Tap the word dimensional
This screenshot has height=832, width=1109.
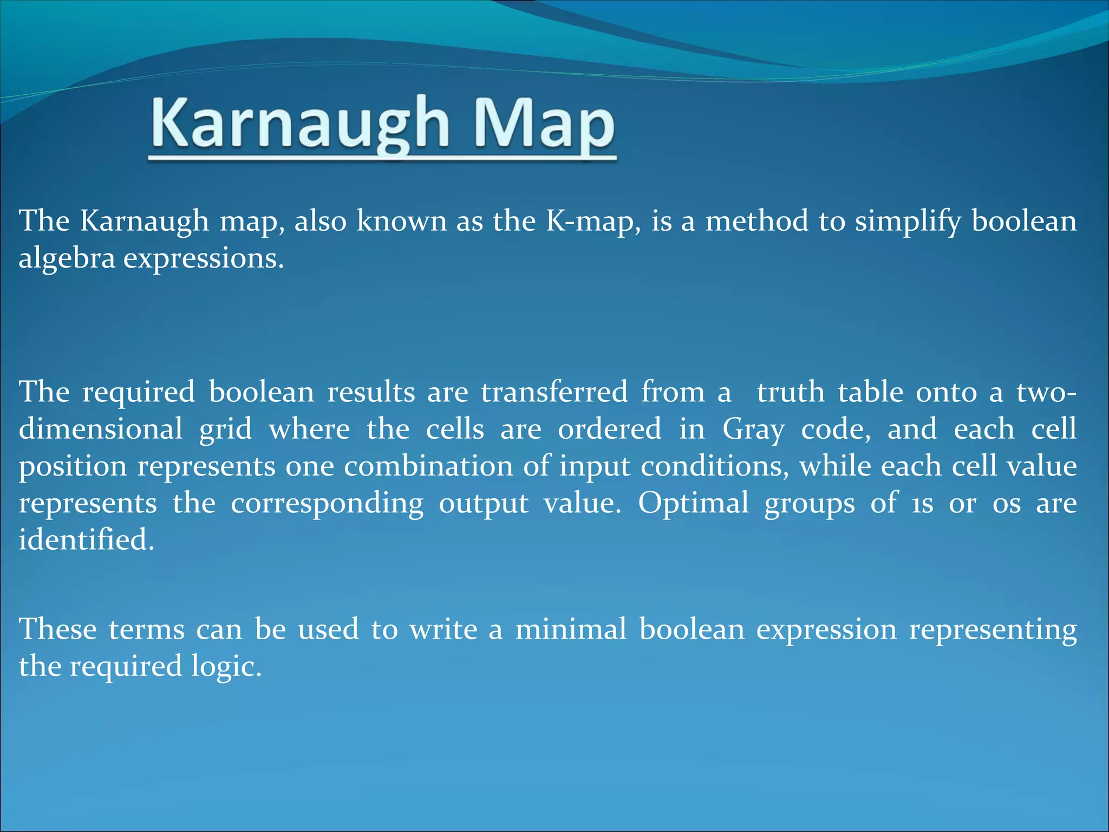[x=101, y=429]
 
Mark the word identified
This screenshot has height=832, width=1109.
[x=86, y=540]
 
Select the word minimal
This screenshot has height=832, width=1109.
[x=571, y=629]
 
